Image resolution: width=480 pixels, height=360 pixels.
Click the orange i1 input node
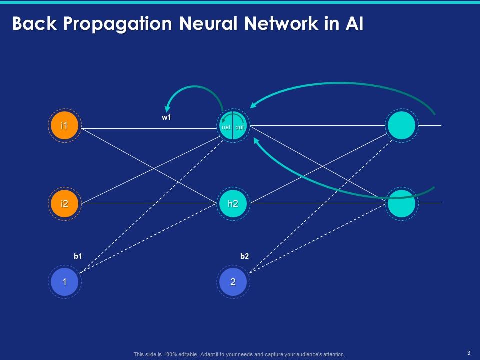point(64,126)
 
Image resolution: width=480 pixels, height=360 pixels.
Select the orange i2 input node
point(64,203)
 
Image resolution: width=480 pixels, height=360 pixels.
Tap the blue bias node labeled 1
point(64,282)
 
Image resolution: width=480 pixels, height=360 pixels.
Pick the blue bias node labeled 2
point(233,282)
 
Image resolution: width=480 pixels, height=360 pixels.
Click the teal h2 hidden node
point(233,203)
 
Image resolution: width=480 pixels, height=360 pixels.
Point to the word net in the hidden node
point(226,127)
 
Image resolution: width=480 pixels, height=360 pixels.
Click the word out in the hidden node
point(240,127)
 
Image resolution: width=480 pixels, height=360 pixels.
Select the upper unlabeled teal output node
point(401,126)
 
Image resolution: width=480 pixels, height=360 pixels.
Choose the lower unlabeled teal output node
point(401,203)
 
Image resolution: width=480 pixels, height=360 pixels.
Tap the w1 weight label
point(167,118)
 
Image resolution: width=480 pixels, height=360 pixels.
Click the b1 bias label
point(78,256)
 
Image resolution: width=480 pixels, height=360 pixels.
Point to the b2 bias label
point(244,256)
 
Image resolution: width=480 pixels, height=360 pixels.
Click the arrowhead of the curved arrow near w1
point(169,107)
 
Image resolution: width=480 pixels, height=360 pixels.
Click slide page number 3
point(468,353)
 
